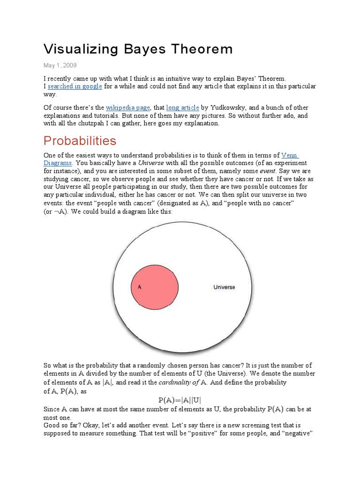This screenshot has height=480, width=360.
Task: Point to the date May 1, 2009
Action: [x=60, y=65]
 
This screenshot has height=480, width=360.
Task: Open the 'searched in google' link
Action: [x=75, y=87]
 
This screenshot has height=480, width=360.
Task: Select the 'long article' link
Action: [x=183, y=108]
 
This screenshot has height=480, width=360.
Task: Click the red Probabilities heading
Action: [x=80, y=141]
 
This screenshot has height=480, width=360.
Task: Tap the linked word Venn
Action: [x=290, y=155]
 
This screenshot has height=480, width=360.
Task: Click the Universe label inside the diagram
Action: [x=224, y=287]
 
